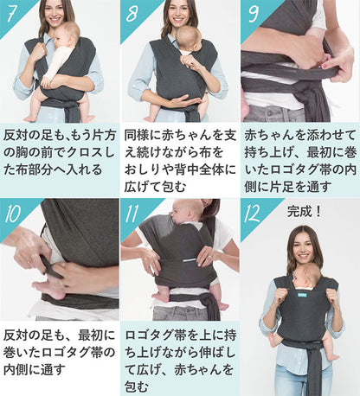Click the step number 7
11,13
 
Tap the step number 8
132,14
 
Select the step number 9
253,13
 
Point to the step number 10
12,214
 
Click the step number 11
132,214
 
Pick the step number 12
252,214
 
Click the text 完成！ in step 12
304,212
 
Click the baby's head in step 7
67,35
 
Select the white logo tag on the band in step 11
189,260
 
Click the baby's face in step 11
177,214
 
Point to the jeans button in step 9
269,112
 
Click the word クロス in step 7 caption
85,153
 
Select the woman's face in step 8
178,14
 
